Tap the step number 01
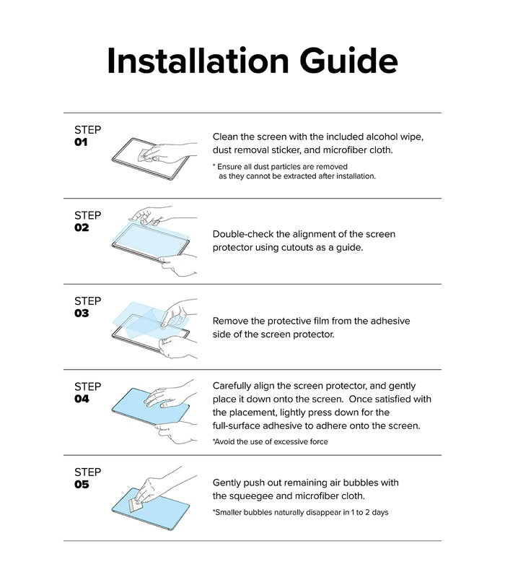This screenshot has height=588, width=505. click(81, 143)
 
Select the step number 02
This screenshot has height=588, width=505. click(82, 228)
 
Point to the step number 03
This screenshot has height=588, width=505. click(82, 314)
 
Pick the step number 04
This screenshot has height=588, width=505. click(82, 399)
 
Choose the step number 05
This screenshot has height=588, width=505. click(82, 485)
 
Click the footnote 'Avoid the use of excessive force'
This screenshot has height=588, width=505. click(270, 441)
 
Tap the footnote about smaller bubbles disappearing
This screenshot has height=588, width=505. click(300, 512)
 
